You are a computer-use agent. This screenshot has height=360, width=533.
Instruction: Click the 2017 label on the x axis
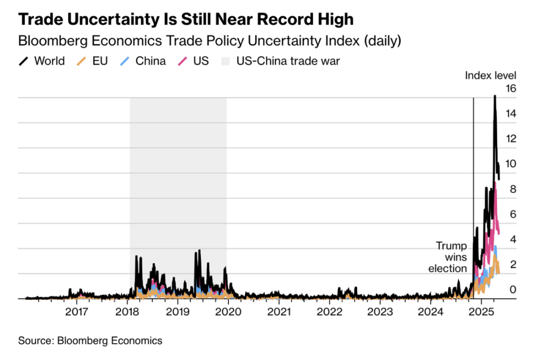(77, 313)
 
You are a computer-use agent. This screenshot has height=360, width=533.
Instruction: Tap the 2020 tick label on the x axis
(228, 313)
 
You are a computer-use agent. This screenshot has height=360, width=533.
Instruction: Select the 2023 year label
(379, 313)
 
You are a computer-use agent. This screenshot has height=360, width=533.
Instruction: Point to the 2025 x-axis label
(481, 313)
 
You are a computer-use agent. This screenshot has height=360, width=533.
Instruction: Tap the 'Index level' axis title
(490, 76)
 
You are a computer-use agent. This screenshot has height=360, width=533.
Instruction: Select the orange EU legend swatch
(80, 61)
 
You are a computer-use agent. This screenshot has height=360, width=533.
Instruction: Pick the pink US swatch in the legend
(182, 61)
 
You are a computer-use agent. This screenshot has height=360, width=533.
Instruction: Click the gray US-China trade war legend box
(224, 61)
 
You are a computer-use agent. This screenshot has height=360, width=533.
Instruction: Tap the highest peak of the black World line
(494, 96)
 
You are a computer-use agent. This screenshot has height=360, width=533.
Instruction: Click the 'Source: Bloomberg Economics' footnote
(90, 341)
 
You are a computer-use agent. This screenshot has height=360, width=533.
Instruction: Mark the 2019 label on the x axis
(177, 313)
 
